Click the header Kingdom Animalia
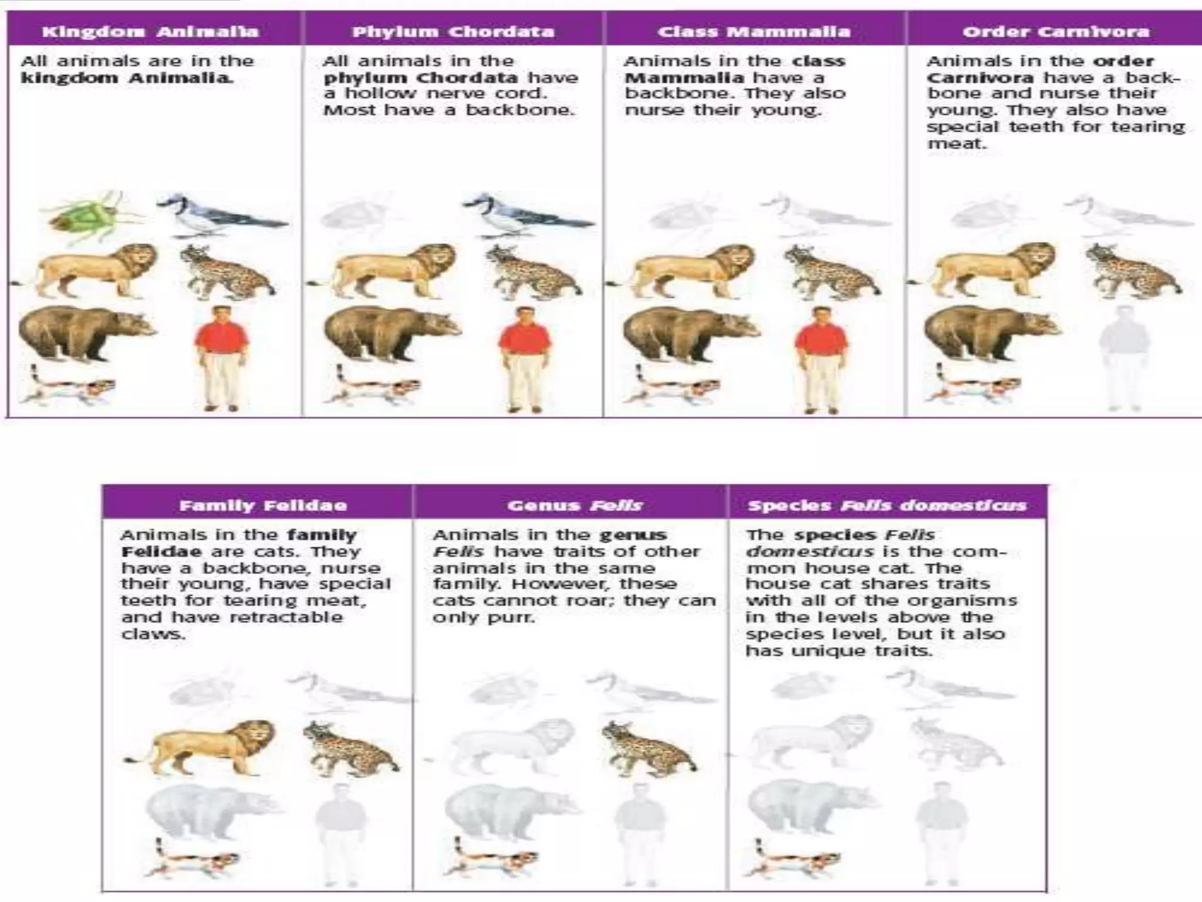[x=150, y=31]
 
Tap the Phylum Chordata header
[x=453, y=31]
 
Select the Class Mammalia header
[x=754, y=31]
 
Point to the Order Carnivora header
[x=1055, y=31]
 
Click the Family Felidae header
[x=263, y=506]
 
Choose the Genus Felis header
[x=575, y=506]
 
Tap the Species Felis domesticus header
[x=887, y=506]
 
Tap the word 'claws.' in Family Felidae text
[x=153, y=634]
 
